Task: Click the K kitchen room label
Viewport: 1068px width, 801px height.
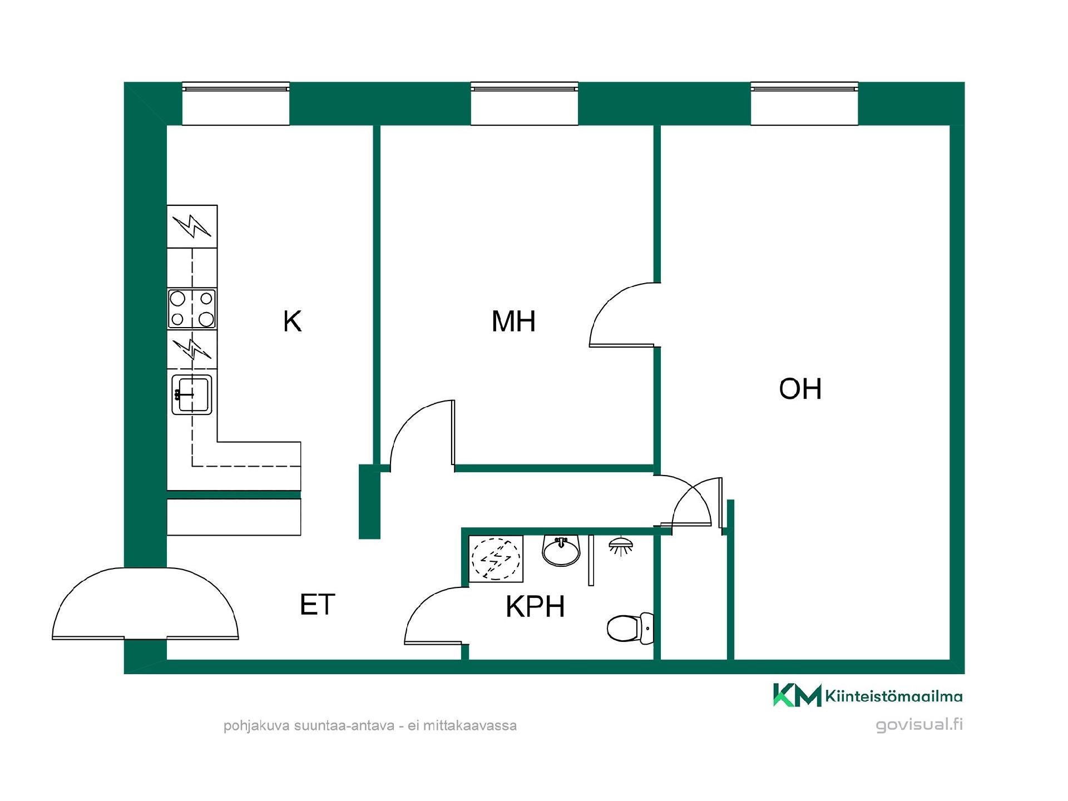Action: [x=293, y=322]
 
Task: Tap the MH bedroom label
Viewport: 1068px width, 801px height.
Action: [x=513, y=322]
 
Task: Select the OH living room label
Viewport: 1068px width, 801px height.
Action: [x=800, y=389]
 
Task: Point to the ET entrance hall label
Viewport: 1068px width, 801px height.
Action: [x=317, y=605]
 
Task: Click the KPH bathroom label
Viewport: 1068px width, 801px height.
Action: [x=535, y=607]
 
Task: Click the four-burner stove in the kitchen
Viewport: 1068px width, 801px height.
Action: [x=192, y=309]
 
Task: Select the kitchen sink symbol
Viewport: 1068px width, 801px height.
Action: [x=192, y=394]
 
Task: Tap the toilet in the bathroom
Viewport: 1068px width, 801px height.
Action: [x=630, y=628]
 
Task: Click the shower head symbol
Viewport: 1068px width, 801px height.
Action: [x=622, y=546]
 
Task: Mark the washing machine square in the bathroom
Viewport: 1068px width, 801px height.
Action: [x=496, y=558]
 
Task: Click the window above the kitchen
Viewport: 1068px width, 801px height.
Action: [x=236, y=104]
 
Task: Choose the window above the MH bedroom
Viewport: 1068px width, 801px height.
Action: [x=525, y=104]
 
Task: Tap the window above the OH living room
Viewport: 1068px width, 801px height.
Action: [x=804, y=104]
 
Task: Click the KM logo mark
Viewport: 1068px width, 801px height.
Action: [x=797, y=695]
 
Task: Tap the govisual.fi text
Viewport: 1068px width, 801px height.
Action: [x=919, y=725]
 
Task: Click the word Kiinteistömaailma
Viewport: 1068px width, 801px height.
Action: [x=894, y=696]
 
